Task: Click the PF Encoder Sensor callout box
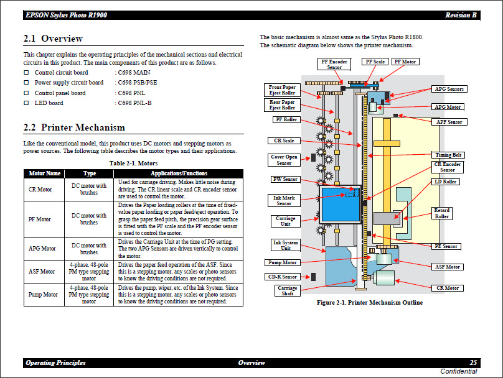tap(334, 65)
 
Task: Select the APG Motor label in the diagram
tap(448, 107)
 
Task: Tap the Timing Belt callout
tap(449, 155)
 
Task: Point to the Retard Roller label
tap(441, 213)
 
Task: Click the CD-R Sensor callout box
tap(282, 277)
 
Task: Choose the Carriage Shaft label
tap(288, 290)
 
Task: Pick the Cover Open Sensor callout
tap(284, 160)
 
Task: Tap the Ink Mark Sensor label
tap(284, 200)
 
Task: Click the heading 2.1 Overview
tap(53, 39)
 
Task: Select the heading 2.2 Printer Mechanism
tap(74, 127)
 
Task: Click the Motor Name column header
tap(45, 173)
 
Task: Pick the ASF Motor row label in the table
tap(41, 271)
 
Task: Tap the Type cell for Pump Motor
tap(89, 295)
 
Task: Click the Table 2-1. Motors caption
tap(133, 163)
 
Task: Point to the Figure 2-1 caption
tap(370, 303)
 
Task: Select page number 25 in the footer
tap(473, 362)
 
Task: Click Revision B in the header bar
tap(461, 15)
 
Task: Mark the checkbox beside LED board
tap(26, 103)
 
